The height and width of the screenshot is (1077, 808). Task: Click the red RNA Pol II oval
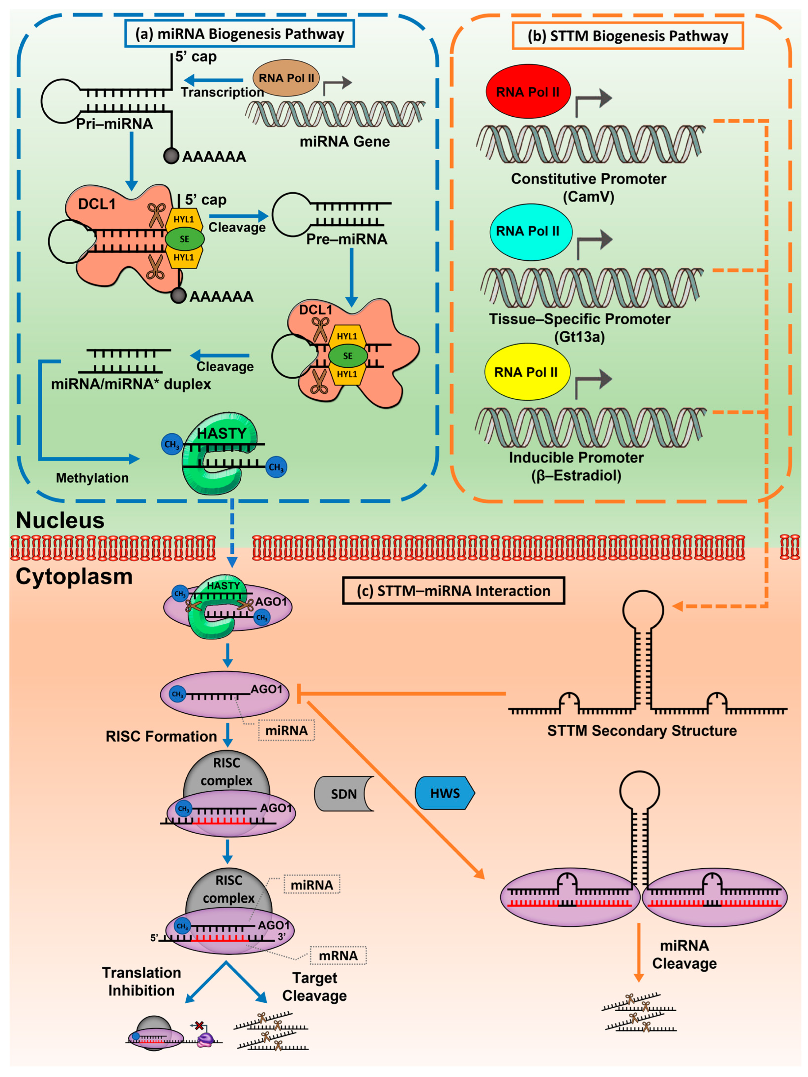[528, 91]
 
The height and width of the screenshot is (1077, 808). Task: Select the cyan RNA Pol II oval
[530, 232]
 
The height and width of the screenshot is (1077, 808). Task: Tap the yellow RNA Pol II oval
[527, 372]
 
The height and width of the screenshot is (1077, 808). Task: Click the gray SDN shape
[344, 794]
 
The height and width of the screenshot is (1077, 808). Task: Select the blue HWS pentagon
[445, 793]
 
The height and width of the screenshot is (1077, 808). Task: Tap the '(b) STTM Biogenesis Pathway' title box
[628, 36]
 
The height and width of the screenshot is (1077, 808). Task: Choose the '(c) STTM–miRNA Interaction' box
[453, 591]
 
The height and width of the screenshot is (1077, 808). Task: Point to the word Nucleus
[60, 520]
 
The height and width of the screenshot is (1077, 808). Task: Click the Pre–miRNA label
[347, 239]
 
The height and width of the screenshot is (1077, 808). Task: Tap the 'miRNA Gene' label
[344, 142]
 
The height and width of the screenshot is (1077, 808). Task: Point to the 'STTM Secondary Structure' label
[642, 730]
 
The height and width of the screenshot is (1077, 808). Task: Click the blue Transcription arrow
[214, 80]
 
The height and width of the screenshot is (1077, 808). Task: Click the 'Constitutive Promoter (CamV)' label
[588, 188]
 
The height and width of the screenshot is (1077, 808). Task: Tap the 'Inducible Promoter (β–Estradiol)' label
[576, 467]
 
